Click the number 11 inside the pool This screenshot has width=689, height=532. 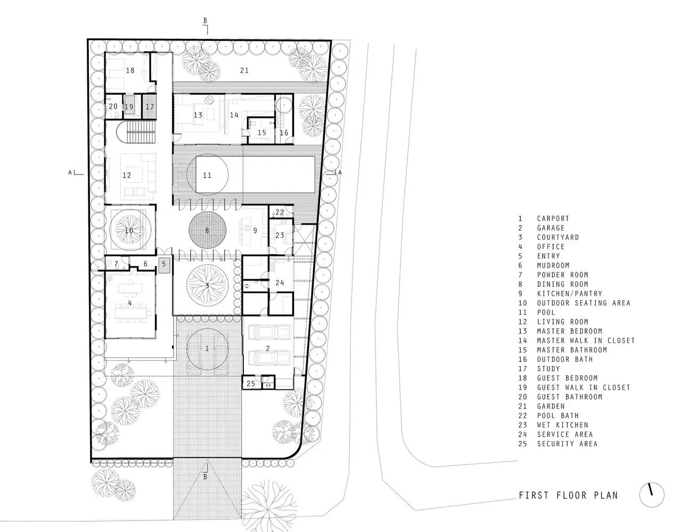207,175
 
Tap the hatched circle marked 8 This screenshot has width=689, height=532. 207,230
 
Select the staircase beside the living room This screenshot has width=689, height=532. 137,132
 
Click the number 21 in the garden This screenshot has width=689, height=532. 244,70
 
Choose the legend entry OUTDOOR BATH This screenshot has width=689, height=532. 565,359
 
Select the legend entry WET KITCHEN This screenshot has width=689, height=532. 562,425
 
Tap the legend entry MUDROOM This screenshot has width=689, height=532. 553,265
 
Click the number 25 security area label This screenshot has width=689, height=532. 251,384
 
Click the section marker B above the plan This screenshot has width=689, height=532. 205,21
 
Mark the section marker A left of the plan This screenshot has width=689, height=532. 70,172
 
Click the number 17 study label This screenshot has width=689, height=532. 150,107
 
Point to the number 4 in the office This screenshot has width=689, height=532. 130,303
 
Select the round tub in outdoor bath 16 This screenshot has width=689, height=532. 283,105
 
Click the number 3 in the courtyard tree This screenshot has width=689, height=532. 207,286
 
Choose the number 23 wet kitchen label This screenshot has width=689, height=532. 280,235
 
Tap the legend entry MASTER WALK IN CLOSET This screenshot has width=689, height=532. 586,340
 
